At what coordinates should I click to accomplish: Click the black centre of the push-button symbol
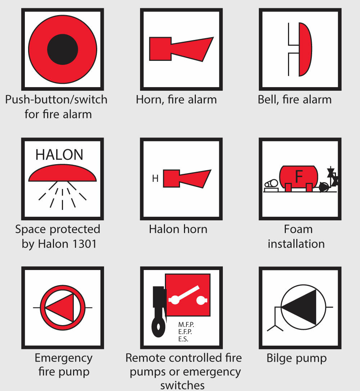pos(63,49)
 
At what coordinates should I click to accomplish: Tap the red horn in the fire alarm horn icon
pos(181,49)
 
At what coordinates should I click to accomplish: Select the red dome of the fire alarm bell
pos(305,49)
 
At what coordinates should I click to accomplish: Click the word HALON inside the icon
pos(59,154)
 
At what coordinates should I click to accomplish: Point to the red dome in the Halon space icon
pos(62,173)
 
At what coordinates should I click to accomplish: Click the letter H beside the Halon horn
pos(155,179)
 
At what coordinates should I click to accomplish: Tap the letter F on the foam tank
pos(299,176)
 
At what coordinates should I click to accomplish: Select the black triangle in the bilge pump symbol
pos(299,307)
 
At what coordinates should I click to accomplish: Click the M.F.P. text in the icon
pos(186,325)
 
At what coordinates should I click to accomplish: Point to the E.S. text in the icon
pos(183,339)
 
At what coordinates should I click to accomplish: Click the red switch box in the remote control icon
pos(188,295)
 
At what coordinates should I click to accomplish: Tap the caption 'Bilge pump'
pos(297,359)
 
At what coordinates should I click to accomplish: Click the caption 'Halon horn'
pos(178,229)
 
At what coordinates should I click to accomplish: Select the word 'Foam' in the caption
pos(298,229)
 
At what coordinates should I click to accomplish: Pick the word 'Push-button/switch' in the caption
pos(57,100)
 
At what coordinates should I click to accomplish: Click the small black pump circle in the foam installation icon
pos(324,187)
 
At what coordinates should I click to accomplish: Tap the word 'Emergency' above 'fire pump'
pos(64,359)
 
